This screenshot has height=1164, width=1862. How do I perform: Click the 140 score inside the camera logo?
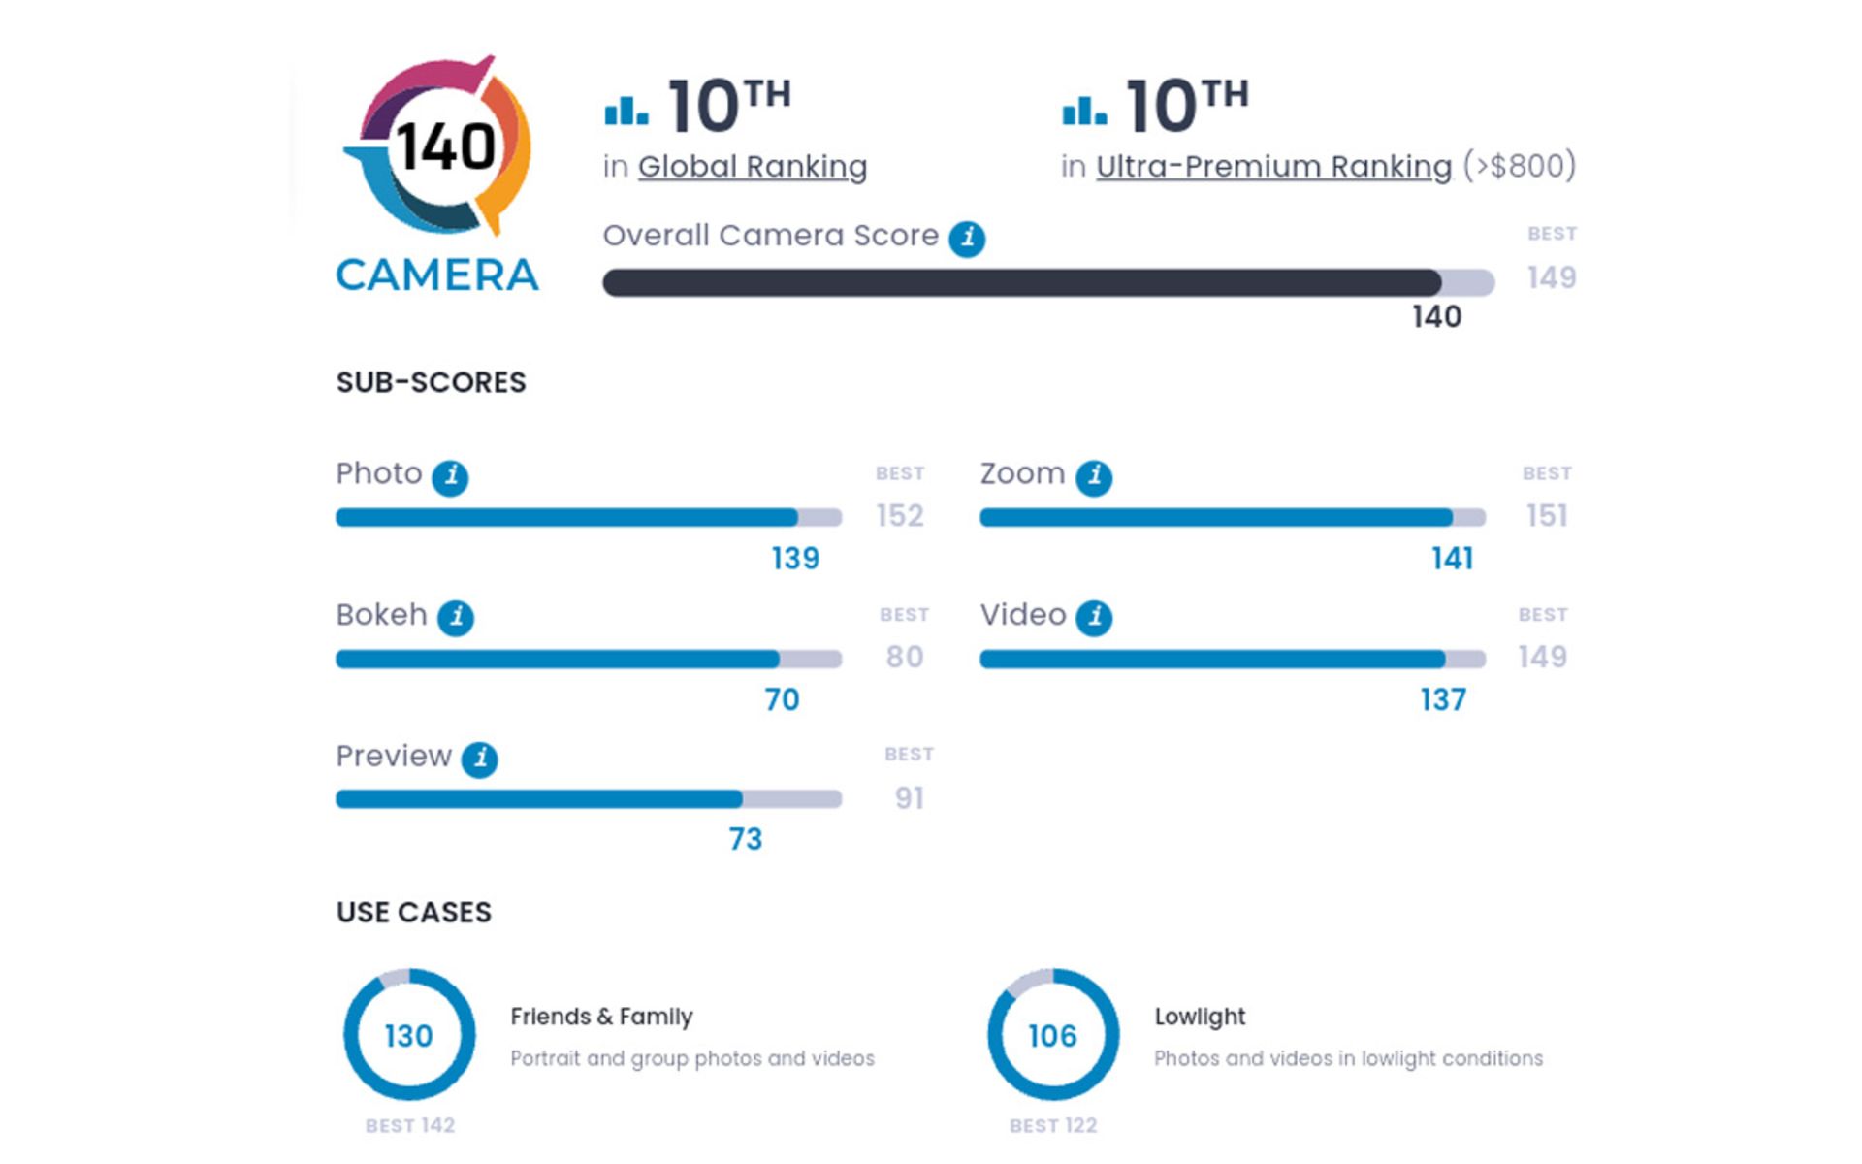(x=445, y=147)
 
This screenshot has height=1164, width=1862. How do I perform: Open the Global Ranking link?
(x=752, y=167)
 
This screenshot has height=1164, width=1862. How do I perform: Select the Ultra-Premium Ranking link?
(x=1273, y=167)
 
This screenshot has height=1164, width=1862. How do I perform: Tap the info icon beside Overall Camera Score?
(x=967, y=238)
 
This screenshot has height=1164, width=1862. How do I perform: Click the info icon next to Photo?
(x=450, y=477)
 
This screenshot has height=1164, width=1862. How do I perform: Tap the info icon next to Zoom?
(x=1094, y=477)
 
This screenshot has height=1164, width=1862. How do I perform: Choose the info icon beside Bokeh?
(x=456, y=618)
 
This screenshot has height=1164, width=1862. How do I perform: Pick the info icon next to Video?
(x=1095, y=618)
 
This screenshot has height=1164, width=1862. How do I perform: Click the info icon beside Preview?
(x=480, y=759)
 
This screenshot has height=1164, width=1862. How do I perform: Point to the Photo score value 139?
(x=795, y=559)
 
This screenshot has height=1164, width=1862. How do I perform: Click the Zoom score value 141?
(x=1452, y=559)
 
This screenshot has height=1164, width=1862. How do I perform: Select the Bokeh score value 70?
(x=782, y=699)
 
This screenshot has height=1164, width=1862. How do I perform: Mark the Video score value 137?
(x=1443, y=699)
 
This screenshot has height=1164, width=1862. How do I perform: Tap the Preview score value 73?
(x=746, y=839)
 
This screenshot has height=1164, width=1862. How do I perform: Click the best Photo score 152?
(x=900, y=515)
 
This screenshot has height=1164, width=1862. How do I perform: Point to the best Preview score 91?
(x=909, y=798)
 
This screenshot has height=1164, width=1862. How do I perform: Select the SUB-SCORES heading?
(x=431, y=382)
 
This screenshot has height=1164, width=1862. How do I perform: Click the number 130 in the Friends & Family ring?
(x=408, y=1036)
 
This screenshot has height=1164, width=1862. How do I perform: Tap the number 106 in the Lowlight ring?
(x=1052, y=1036)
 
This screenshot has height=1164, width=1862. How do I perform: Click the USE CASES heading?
(x=414, y=912)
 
